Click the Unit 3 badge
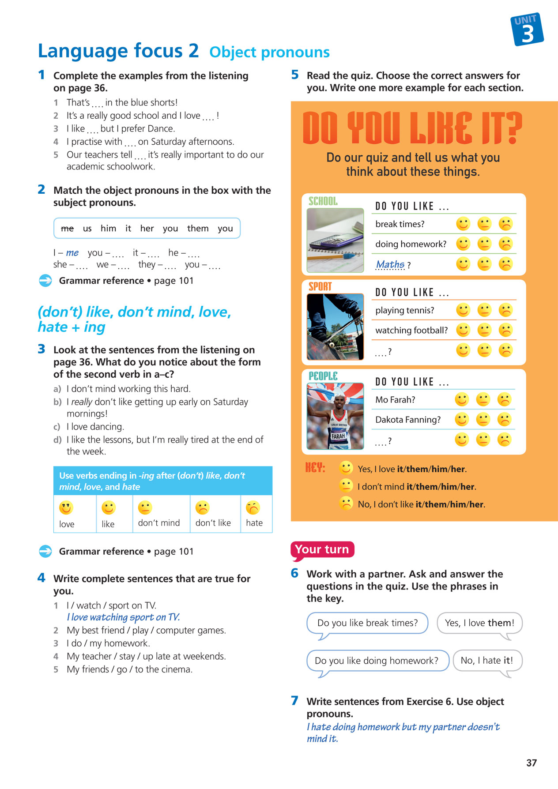pyautogui.click(x=527, y=30)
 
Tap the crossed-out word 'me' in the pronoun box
pyautogui.click(x=67, y=228)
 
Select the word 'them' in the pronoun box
pyautogui.click(x=197, y=228)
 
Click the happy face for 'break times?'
pyautogui.click(x=463, y=224)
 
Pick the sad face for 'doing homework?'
pyautogui.click(x=505, y=244)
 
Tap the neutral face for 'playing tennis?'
pyautogui.click(x=484, y=310)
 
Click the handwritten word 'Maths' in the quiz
pyautogui.click(x=390, y=264)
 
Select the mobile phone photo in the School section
pyautogui.click(x=335, y=240)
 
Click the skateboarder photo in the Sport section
pyautogui.click(x=335, y=327)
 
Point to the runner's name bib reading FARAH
pyautogui.click(x=338, y=436)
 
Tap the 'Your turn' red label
pyautogui.click(x=322, y=549)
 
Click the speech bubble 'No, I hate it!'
pyautogui.click(x=487, y=661)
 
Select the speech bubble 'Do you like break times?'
pyautogui.click(x=367, y=623)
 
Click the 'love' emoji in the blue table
pyautogui.click(x=66, y=508)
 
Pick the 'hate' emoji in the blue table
pyautogui.click(x=253, y=508)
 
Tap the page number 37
pyautogui.click(x=532, y=763)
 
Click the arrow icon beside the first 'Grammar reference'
pyautogui.click(x=45, y=281)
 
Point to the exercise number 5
pyautogui.click(x=295, y=75)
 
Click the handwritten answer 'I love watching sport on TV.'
pyautogui.click(x=123, y=617)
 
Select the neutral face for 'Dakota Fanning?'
pyautogui.click(x=483, y=419)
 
